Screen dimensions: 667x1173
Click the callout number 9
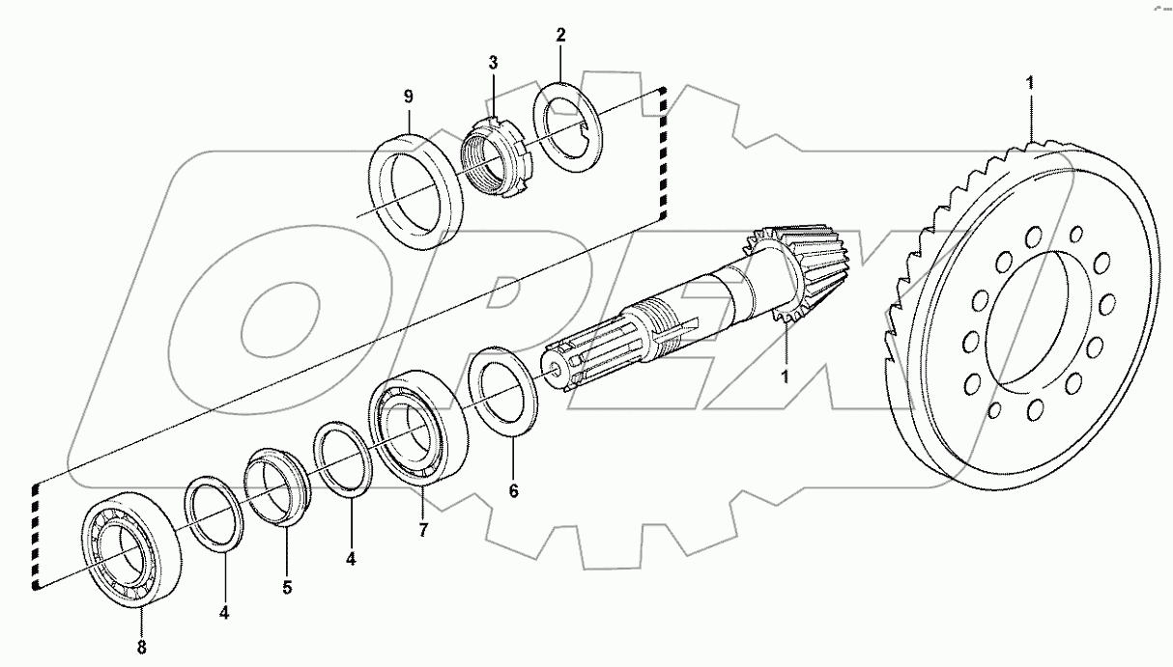tap(408, 97)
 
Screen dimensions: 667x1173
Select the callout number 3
tap(493, 63)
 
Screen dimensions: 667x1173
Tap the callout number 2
tap(560, 35)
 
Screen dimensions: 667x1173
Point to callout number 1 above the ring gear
tap(1031, 82)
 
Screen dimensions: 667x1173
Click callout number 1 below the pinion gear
tap(786, 375)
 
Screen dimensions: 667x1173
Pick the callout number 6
tap(513, 491)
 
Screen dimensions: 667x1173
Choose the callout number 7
tap(422, 530)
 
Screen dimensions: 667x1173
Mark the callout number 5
tap(287, 586)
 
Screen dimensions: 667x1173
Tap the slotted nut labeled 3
tap(494, 156)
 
